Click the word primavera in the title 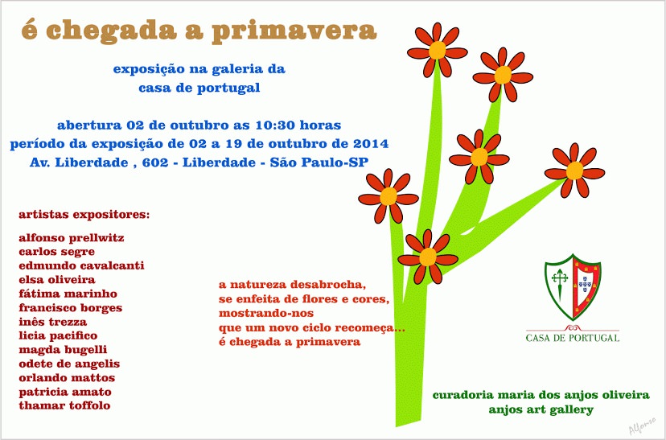(x=294, y=31)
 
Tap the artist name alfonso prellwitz (x=72, y=237)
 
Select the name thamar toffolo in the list (x=64, y=405)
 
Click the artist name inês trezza (x=52, y=322)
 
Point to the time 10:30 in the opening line (x=275, y=125)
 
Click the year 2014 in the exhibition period (x=371, y=143)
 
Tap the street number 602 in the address (x=154, y=162)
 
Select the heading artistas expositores (x=84, y=215)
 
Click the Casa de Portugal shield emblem (x=573, y=287)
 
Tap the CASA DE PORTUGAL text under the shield (x=573, y=338)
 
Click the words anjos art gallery (x=541, y=410)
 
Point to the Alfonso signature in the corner (x=642, y=426)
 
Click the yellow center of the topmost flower (x=437, y=51)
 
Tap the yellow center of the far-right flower (x=574, y=171)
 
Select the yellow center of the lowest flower (x=428, y=257)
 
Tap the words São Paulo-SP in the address (x=319, y=162)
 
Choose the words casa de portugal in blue (x=199, y=88)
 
